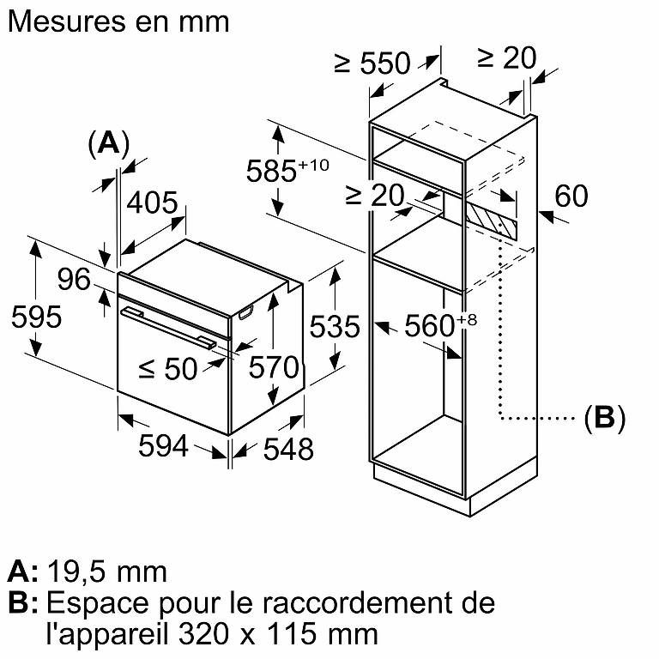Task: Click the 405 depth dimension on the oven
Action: click(153, 203)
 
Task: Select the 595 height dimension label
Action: click(37, 317)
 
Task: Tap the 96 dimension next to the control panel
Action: click(74, 279)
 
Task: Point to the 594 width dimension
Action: click(163, 446)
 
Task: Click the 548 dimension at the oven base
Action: click(288, 449)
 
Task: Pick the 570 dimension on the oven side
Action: click(274, 367)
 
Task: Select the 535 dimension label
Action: click(335, 326)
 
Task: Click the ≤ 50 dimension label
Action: click(168, 369)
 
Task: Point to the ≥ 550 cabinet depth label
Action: click(372, 63)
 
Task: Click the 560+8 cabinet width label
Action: click(440, 325)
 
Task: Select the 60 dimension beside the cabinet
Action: click(571, 196)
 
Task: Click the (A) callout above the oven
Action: click(109, 144)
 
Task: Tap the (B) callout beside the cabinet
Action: click(605, 418)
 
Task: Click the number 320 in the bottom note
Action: click(204, 634)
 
